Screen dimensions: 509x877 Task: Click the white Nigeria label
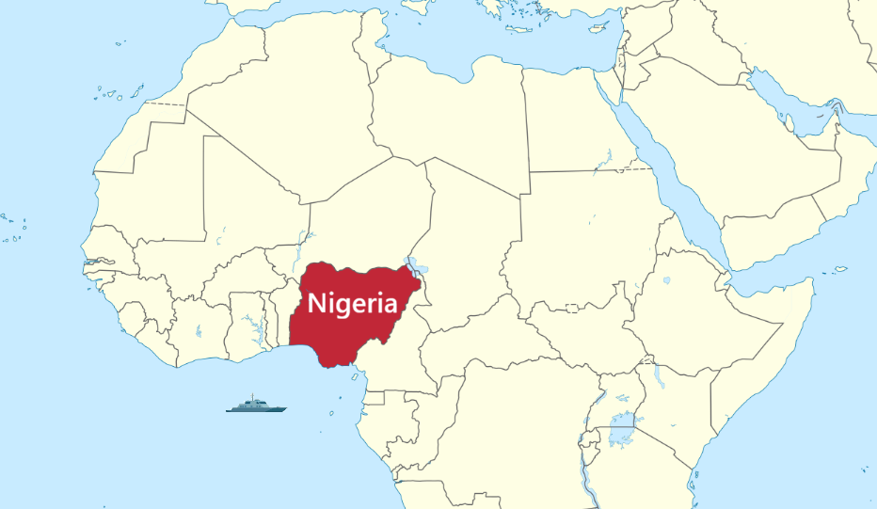point(352,303)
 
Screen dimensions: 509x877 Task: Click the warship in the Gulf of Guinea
point(256,406)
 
